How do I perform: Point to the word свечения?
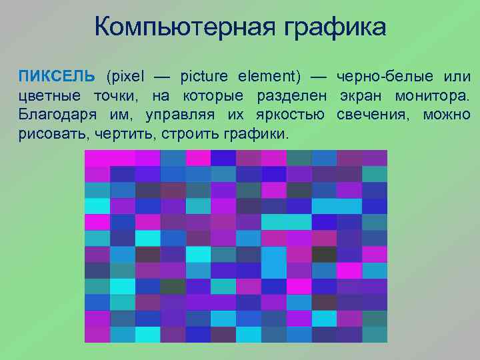pos(375,115)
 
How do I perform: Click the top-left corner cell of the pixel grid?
pos(97,158)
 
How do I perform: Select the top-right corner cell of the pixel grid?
pos(375,158)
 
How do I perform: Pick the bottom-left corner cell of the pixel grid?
pos(97,334)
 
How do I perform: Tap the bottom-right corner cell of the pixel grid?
pos(375,334)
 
